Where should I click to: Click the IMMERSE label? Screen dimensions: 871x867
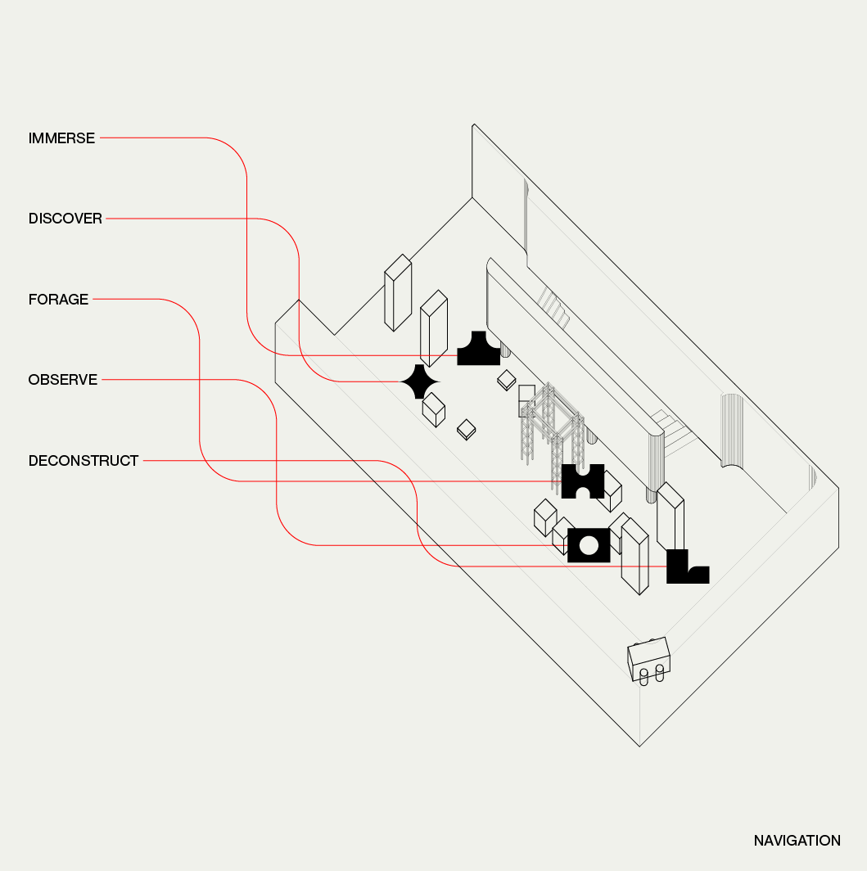61,138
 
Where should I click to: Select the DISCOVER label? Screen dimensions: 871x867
65,219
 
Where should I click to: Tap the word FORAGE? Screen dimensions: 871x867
58,300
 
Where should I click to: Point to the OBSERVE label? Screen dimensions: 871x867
63,380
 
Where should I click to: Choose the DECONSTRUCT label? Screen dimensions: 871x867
84,461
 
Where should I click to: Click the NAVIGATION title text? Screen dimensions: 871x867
797,841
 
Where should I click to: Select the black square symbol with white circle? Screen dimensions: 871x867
589,545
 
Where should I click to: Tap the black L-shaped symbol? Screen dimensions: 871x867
685,567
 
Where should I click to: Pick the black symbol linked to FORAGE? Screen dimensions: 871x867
582,481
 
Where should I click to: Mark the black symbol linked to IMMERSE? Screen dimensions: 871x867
478,350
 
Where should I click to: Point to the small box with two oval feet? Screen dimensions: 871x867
649,660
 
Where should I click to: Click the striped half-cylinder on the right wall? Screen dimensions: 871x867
730,430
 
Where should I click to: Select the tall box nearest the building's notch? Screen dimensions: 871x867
397,292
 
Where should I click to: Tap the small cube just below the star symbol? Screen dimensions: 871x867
433,408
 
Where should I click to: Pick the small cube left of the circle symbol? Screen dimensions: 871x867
545,517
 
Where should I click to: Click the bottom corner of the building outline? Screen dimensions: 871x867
639,746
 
